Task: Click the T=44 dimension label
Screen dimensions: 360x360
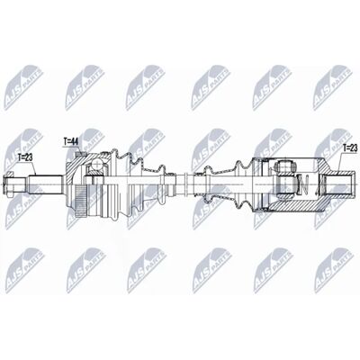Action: point(70,141)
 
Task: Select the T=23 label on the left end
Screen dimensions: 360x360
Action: point(25,157)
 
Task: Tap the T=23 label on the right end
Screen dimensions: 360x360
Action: point(351,148)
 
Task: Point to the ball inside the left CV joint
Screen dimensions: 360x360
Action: point(98,163)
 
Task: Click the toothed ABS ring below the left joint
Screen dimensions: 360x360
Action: point(79,202)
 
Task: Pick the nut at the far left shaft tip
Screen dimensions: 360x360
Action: point(9,184)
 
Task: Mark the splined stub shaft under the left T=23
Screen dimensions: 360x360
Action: point(45,184)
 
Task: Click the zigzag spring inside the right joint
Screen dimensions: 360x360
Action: point(304,184)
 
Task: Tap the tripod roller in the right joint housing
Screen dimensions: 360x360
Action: point(284,166)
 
